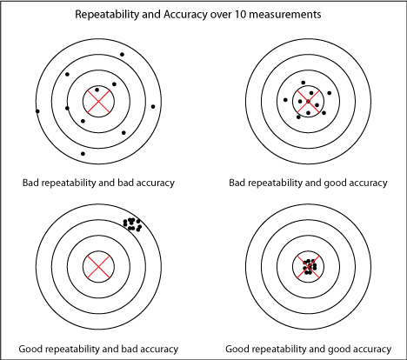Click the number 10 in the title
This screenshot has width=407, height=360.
click(x=264, y=14)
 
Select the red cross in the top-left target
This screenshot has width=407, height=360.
click(x=98, y=103)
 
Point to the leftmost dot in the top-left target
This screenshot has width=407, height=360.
click(x=37, y=110)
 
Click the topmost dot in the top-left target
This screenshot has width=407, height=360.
click(x=122, y=55)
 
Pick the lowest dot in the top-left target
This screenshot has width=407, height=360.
click(x=83, y=154)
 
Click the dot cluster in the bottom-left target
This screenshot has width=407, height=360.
click(x=133, y=223)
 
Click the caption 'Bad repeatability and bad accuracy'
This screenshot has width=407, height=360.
click(x=98, y=183)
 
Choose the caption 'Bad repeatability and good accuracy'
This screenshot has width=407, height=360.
click(x=307, y=183)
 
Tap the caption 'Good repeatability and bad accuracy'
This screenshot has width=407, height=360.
click(x=98, y=348)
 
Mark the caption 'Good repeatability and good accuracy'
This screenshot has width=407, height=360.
click(x=307, y=348)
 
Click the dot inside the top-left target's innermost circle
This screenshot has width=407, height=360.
click(x=97, y=90)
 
